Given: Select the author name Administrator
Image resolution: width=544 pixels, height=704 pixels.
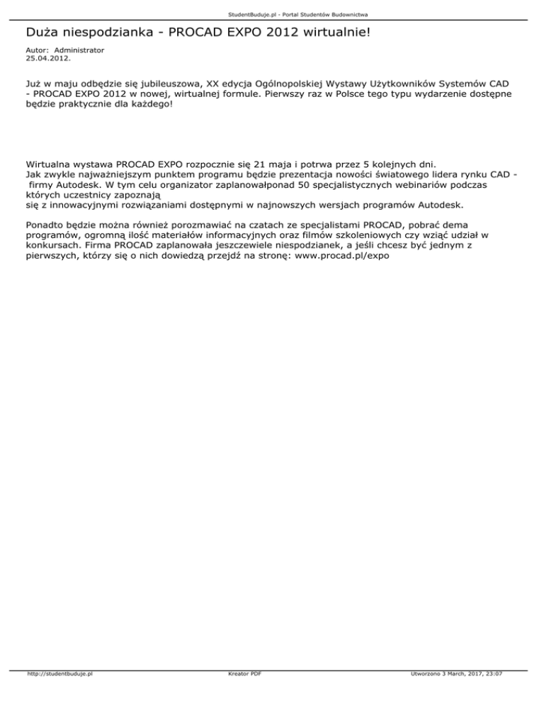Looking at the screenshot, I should tap(79, 50).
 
